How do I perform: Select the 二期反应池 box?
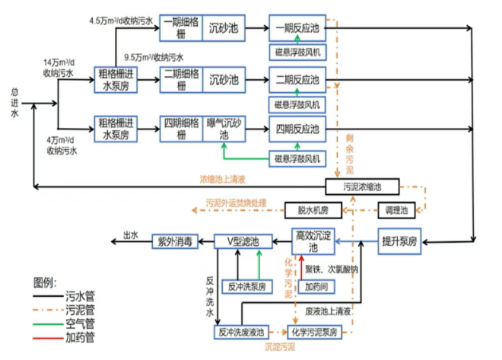[x=297, y=79]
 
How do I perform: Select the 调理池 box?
[x=399, y=209]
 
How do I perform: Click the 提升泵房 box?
[x=399, y=242]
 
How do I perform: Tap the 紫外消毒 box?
[x=176, y=242]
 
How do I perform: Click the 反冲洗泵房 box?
[x=246, y=286]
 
